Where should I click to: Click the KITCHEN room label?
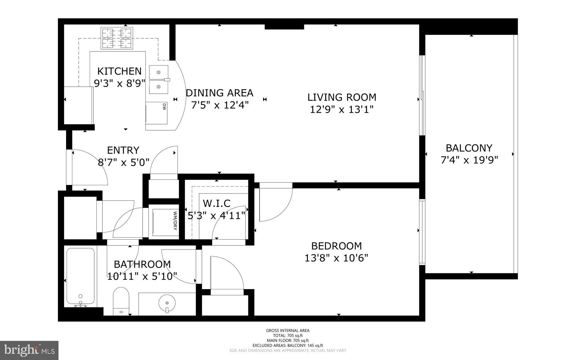(x=119, y=71)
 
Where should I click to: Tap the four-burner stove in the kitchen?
(x=117, y=38)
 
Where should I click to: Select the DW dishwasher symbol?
(x=157, y=113)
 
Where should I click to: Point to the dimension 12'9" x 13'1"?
(x=341, y=109)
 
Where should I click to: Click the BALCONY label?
(x=469, y=148)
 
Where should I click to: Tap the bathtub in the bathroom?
(x=80, y=277)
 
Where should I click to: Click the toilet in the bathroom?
(x=121, y=300)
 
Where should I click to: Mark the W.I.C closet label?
(x=216, y=203)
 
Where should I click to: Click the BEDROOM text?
(x=336, y=246)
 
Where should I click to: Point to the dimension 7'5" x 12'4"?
(x=220, y=105)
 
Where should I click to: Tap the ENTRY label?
(x=123, y=150)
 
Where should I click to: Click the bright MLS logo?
(x=29, y=350)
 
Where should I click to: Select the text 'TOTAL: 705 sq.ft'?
(x=288, y=336)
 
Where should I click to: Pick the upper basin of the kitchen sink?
(x=159, y=72)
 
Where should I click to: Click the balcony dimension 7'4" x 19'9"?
(x=469, y=160)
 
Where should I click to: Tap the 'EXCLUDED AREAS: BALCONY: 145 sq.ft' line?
(x=288, y=345)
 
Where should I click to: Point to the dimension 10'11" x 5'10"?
(x=142, y=276)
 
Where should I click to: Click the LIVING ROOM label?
(x=341, y=97)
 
